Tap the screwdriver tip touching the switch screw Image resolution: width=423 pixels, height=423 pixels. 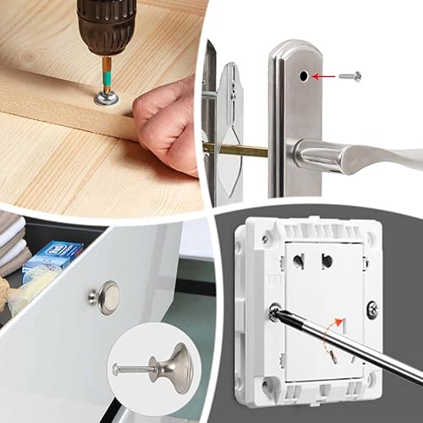(x=277, y=314)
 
